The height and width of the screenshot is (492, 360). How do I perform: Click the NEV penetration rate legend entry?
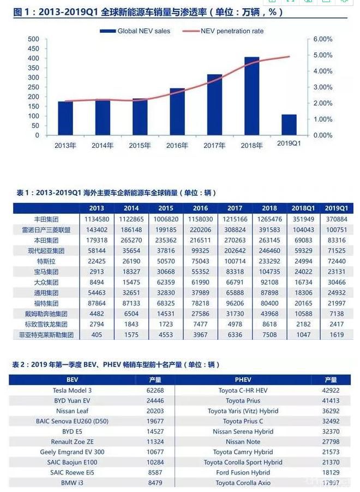click(226, 31)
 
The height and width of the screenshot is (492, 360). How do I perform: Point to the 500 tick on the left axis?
click(33, 39)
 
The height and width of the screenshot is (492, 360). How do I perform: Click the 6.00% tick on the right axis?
click(322, 39)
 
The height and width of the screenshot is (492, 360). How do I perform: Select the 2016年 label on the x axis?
click(177, 146)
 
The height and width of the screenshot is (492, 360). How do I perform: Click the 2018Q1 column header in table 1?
click(303, 208)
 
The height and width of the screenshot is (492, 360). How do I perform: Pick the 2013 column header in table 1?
click(97, 208)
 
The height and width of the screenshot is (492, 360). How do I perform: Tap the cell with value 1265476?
click(269, 219)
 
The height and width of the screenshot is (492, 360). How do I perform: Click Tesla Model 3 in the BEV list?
click(73, 391)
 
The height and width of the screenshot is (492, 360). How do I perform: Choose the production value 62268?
click(155, 391)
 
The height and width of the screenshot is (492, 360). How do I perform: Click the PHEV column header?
click(243, 380)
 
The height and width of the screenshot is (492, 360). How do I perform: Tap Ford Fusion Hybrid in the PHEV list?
click(243, 472)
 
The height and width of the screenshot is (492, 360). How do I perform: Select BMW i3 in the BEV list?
click(73, 483)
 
